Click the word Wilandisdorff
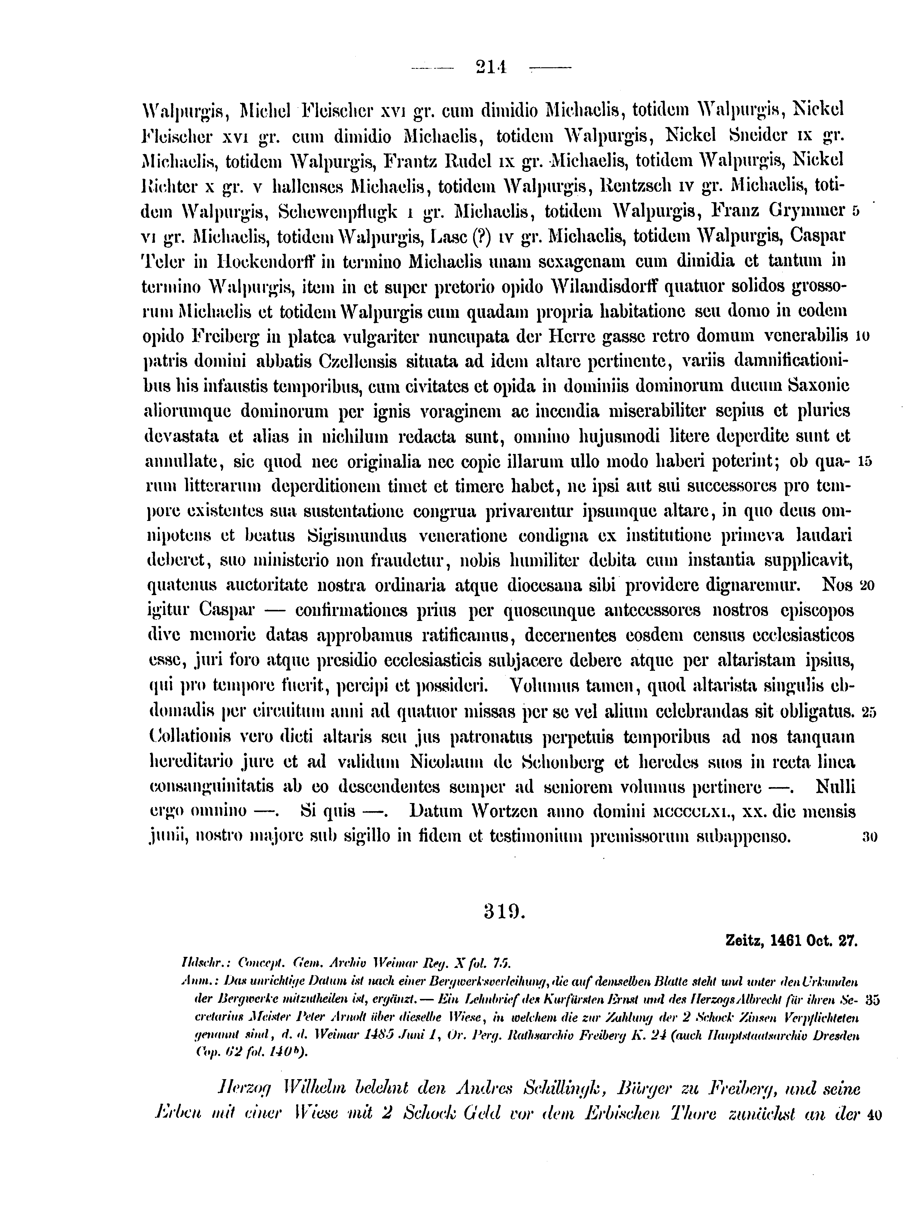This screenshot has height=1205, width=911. [x=604, y=287]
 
